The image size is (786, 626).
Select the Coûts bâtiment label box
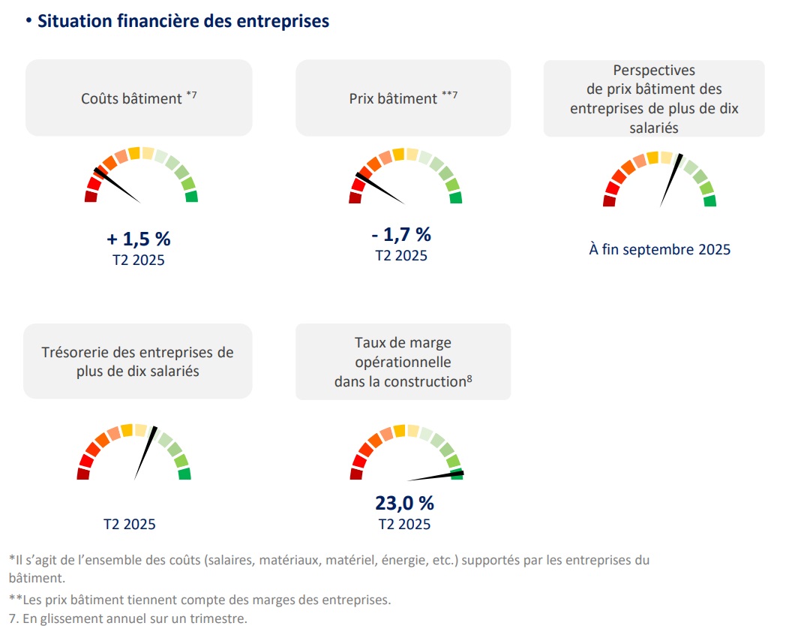pyautogui.click(x=139, y=98)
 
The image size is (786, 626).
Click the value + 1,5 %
pyautogui.click(x=139, y=239)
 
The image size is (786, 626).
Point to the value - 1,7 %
pyautogui.click(x=401, y=235)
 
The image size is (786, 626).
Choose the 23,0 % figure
pyautogui.click(x=404, y=502)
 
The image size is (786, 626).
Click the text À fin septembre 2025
pyautogui.click(x=659, y=249)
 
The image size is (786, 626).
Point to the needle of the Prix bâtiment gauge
pyautogui.click(x=379, y=188)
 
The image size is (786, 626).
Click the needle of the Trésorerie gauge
pyautogui.click(x=145, y=453)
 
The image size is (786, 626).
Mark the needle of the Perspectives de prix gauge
pyautogui.click(x=670, y=180)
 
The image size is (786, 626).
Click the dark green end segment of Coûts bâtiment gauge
pyautogui.click(x=191, y=197)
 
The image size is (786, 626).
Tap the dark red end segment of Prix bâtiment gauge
pyautogui.click(x=355, y=197)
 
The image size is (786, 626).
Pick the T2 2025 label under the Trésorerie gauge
pyautogui.click(x=130, y=524)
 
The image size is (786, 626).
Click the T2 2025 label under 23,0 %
pyautogui.click(x=404, y=524)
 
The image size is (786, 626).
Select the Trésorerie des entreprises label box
pyautogui.click(x=138, y=361)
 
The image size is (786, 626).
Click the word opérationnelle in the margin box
pyautogui.click(x=403, y=362)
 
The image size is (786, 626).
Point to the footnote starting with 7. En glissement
pyautogui.click(x=127, y=618)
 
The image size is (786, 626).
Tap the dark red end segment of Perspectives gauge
pyautogui.click(x=609, y=200)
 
